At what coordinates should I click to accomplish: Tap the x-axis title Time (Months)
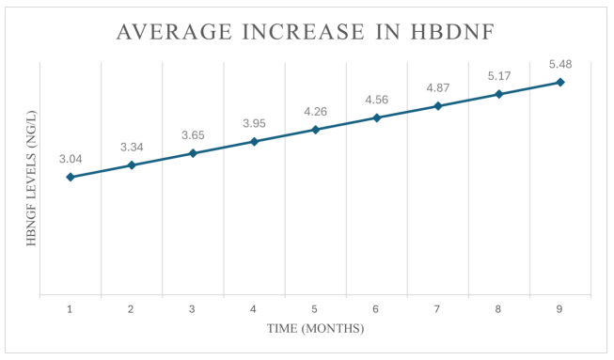point(314,329)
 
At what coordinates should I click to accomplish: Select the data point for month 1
point(71,177)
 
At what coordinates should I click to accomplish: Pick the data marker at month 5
point(315,130)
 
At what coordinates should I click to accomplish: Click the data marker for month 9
point(560,82)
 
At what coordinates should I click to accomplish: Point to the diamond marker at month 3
point(193,153)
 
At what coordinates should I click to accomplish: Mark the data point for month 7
point(438,106)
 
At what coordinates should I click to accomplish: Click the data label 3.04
point(71,159)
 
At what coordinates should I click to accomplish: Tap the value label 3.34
point(132,148)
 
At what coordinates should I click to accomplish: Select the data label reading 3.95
point(254,123)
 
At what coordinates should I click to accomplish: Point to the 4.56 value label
point(377,100)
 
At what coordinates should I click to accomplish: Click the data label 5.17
point(499,76)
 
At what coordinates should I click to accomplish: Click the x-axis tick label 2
point(132,308)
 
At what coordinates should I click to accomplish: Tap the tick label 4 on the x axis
point(254,308)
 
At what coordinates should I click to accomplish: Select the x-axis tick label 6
point(376,308)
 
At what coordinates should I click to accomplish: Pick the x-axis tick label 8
point(498,308)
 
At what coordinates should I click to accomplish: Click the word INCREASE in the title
point(296,33)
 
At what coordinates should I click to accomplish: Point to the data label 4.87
point(438,88)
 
